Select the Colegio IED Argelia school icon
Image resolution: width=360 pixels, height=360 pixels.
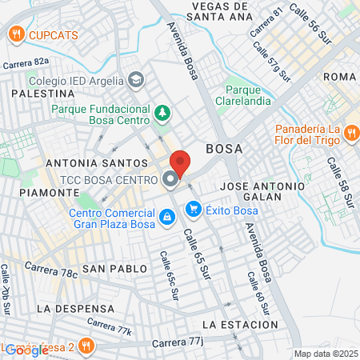tap(136, 80)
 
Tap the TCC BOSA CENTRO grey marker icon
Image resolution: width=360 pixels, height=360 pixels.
tap(170, 180)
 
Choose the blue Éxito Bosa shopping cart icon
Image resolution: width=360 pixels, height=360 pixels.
tap(193, 210)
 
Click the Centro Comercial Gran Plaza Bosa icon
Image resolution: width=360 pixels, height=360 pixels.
tap(166, 216)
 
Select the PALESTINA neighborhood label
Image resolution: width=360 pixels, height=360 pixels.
tap(37, 94)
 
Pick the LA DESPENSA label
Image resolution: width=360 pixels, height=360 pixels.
tap(72, 308)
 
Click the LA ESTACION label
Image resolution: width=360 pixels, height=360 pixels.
tap(240, 325)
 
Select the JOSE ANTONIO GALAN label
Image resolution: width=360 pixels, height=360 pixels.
tap(262, 190)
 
